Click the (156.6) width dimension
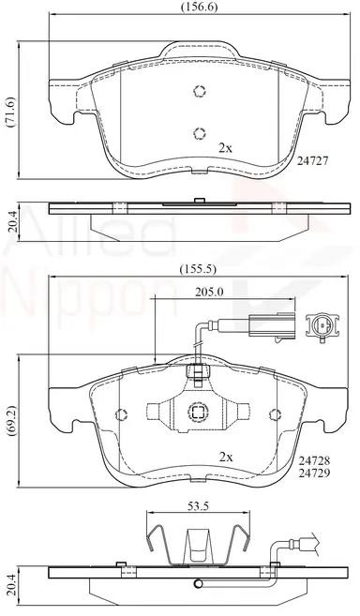point(199,7)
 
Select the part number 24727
point(312,160)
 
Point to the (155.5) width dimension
point(198,269)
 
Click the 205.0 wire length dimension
point(209,292)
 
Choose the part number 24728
point(314,460)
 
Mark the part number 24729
point(314,473)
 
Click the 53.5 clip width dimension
point(198,506)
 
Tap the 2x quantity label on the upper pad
point(226,148)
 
